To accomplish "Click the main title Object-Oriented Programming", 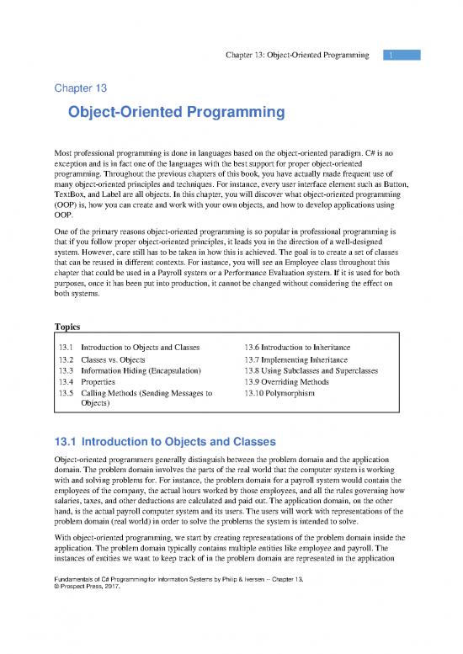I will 178,113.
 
